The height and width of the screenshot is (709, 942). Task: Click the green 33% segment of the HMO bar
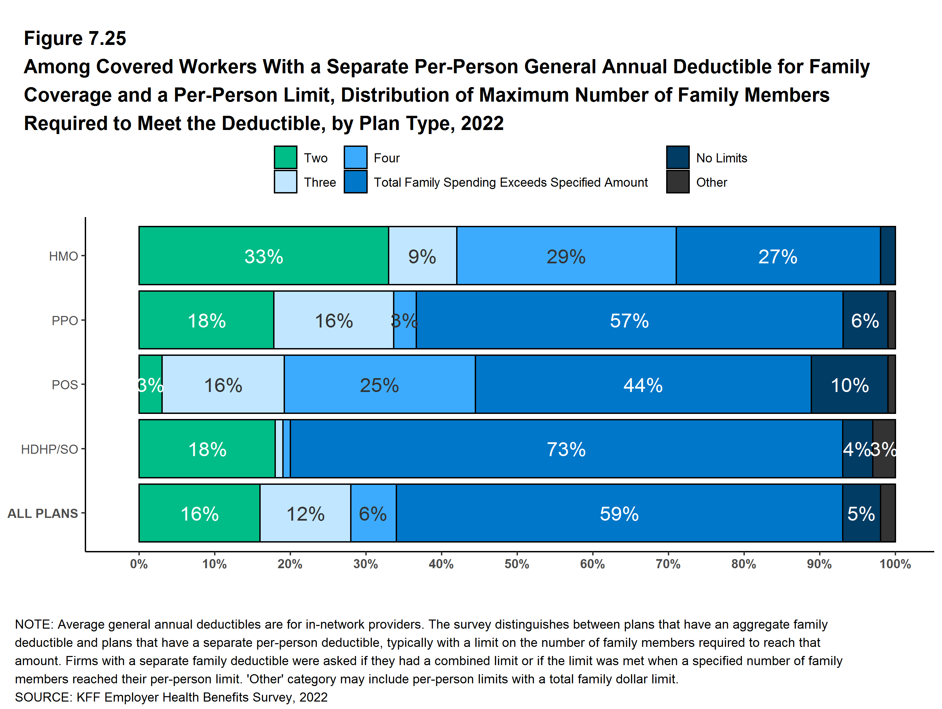(264, 256)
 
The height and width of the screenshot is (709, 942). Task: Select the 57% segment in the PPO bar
(629, 320)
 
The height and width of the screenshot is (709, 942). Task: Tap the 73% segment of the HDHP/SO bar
(566, 449)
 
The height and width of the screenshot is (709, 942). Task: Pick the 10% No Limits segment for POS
(849, 385)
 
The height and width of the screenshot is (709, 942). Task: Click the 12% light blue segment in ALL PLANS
(305, 513)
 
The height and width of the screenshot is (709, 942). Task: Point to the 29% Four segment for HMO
(566, 256)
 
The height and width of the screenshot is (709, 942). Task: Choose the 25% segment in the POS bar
(380, 385)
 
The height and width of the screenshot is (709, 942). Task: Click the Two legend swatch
(285, 158)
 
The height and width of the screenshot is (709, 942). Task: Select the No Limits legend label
(722, 158)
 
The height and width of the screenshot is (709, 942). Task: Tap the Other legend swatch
(678, 182)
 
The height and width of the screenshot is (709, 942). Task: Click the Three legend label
(320, 182)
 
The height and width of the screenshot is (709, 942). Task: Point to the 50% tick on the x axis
(517, 564)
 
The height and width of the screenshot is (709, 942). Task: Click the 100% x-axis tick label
(895, 564)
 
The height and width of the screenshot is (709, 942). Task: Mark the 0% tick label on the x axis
(139, 564)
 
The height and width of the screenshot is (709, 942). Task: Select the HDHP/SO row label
(49, 449)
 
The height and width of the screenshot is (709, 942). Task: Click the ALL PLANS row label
(43, 514)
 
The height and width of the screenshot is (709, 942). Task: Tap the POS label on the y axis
(65, 385)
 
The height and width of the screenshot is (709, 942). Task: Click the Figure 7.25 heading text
(75, 38)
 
